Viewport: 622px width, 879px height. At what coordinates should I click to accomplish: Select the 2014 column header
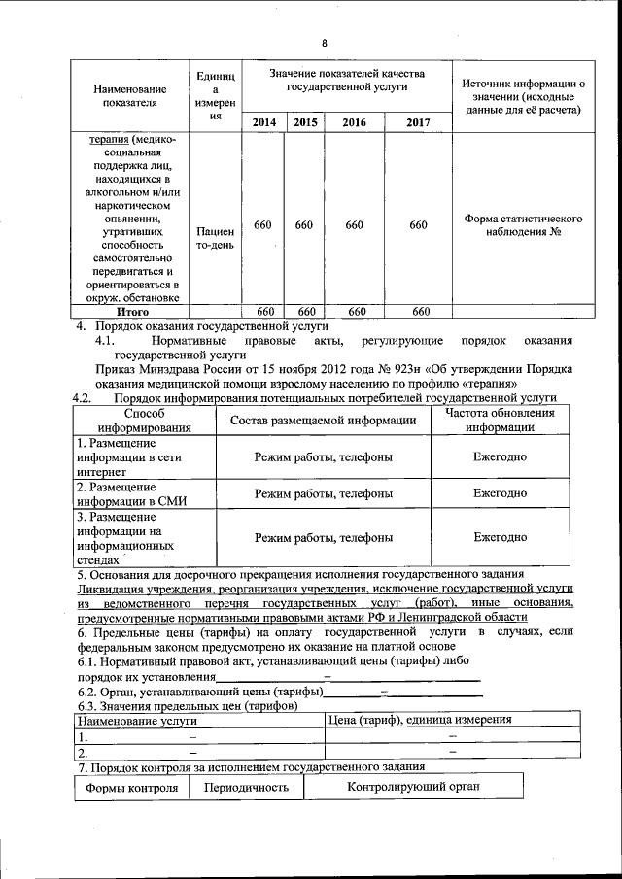coord(263,122)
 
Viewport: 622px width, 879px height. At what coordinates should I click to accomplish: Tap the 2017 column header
coord(418,122)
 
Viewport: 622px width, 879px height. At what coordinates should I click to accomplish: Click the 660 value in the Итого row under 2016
coord(356,312)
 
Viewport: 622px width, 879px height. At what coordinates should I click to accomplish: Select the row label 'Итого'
coord(131,312)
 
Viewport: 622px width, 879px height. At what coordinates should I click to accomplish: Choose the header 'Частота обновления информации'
coord(500,419)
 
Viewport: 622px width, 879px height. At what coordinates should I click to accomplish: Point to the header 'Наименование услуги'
coord(137,721)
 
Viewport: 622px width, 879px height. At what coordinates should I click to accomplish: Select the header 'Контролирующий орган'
coord(413,786)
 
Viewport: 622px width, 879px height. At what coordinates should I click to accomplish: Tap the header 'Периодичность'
coord(246,787)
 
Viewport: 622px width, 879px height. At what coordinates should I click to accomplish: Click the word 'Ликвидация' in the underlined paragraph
coord(110,589)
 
